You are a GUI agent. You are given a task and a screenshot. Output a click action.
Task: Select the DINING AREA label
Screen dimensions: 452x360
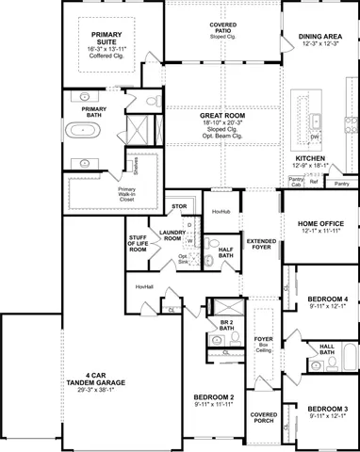[x=320, y=37]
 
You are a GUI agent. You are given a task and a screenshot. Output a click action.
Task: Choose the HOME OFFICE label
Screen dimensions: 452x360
[x=320, y=225]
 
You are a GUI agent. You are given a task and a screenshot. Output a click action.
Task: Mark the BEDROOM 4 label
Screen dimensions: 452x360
[x=327, y=302]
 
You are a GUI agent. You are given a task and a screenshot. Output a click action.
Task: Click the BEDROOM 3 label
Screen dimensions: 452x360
[x=327, y=412]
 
